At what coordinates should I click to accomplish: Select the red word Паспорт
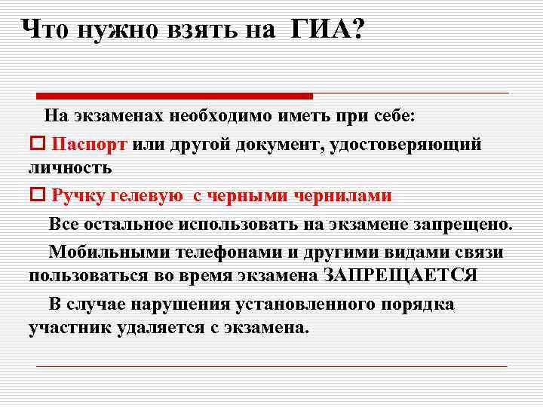click(x=90, y=145)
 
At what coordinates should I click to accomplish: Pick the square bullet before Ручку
click(x=38, y=196)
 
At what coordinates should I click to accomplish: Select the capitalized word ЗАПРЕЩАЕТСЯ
click(x=400, y=274)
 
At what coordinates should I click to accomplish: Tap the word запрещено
click(x=464, y=224)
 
